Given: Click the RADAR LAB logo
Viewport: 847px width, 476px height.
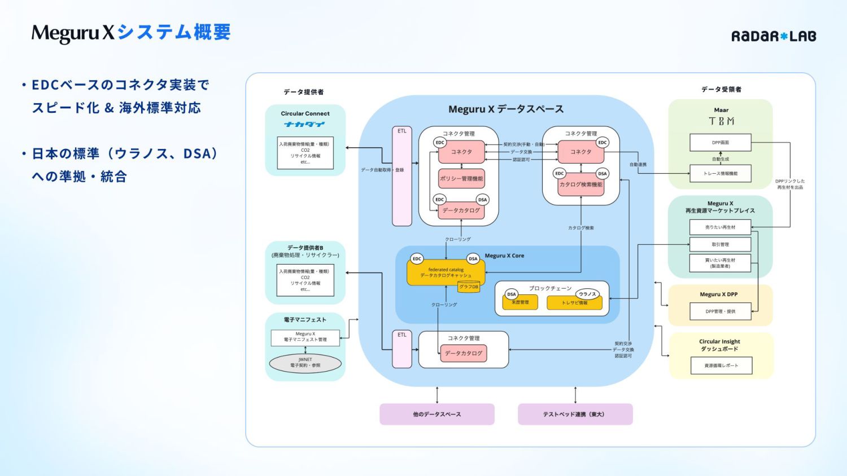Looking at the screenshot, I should (x=774, y=36).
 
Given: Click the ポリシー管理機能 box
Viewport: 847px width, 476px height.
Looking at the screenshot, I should (x=461, y=179).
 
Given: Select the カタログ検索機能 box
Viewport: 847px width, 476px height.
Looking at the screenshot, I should (x=580, y=185).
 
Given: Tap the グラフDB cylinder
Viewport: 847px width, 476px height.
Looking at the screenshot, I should (x=469, y=287).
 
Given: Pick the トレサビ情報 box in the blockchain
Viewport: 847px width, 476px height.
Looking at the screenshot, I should (x=574, y=303).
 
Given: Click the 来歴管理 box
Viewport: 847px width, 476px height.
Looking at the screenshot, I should (x=520, y=303).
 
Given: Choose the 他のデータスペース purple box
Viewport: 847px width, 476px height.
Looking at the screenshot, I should (x=436, y=414).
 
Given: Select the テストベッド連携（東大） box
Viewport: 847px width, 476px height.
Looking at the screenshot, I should (x=574, y=414).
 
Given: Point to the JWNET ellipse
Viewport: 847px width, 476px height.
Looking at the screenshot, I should (x=305, y=363).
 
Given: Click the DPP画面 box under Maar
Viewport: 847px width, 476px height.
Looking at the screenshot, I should (x=720, y=143).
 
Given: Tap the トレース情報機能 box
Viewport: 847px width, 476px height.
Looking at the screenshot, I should (x=720, y=174).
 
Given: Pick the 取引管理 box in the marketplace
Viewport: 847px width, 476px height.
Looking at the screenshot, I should (x=720, y=244).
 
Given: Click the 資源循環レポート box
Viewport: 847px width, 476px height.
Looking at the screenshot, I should (x=721, y=365).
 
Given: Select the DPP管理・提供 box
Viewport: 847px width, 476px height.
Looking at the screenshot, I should (x=720, y=311).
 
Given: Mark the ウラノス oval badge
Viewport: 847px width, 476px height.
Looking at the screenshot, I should (x=587, y=294).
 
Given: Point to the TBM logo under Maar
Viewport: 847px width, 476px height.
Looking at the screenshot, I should (x=721, y=121).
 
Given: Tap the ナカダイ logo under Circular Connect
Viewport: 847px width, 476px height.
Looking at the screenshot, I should (x=305, y=124).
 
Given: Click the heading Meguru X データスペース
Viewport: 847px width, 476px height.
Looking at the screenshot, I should (x=506, y=109).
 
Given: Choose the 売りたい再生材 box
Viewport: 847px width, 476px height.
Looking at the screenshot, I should (x=720, y=227).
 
